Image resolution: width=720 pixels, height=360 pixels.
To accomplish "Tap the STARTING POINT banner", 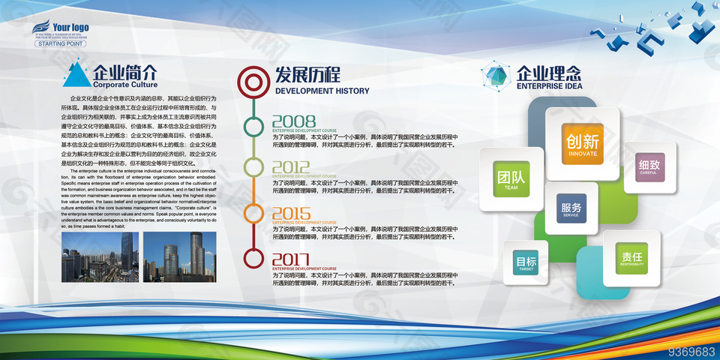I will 62,43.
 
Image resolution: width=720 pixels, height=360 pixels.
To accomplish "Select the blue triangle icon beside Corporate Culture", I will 76,75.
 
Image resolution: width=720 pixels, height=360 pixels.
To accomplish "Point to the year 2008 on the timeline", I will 293,121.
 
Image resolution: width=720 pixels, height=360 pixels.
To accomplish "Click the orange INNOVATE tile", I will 583,142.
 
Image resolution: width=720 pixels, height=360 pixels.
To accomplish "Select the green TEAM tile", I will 511,178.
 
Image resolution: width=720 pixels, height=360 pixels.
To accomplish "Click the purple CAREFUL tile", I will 649,167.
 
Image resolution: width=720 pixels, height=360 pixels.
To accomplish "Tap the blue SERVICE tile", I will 571,208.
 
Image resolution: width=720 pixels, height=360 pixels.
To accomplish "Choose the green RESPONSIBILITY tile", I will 631,258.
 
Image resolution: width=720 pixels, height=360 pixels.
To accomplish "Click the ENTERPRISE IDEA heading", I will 549,86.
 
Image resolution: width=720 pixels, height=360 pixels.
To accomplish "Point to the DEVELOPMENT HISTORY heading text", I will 322,91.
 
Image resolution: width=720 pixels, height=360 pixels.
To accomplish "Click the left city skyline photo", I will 97,256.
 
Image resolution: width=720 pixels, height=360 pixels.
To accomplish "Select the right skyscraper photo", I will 179,256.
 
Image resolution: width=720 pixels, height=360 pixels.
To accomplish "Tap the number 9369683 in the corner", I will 691,351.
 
